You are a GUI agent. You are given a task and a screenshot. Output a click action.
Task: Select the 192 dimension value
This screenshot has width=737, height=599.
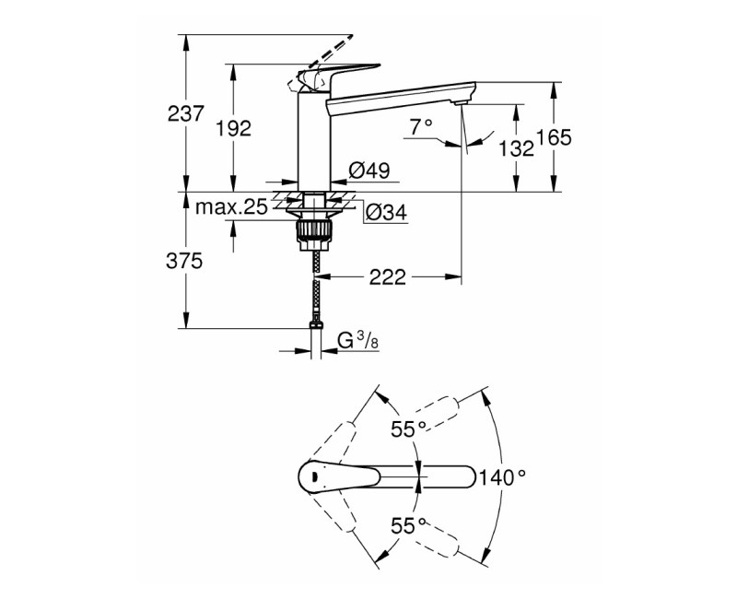coord(233,129)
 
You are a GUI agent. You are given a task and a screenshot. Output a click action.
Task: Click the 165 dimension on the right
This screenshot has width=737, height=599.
coord(554,138)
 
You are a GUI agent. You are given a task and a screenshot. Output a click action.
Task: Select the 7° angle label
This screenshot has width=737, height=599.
coord(421,128)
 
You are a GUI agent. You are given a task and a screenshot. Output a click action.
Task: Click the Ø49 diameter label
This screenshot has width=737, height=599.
coord(368,170)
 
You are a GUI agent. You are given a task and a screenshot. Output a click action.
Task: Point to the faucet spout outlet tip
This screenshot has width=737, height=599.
coord(462,102)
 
